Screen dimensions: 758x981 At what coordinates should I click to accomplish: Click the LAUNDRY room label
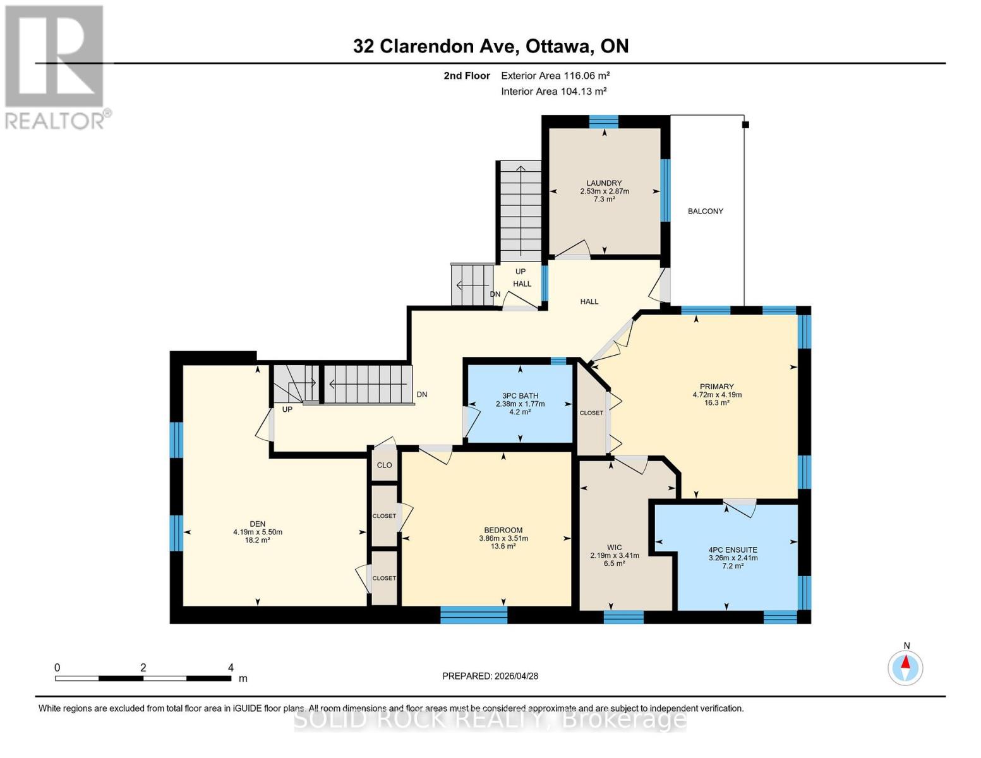click(x=604, y=183)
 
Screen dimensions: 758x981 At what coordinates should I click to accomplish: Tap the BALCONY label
click(x=705, y=211)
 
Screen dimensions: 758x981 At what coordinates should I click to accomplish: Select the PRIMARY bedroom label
click(x=716, y=387)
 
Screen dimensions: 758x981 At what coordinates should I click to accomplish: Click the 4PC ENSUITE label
click(x=733, y=550)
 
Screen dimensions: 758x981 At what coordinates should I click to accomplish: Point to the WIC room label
click(x=614, y=548)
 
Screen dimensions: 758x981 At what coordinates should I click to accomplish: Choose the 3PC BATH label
click(x=520, y=396)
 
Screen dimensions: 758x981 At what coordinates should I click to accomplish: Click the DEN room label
click(x=257, y=524)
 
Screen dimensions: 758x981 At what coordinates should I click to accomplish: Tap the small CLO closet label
click(x=384, y=465)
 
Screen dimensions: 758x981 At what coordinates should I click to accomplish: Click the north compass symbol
click(x=905, y=667)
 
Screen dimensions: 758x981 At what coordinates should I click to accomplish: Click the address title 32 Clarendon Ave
click(x=490, y=46)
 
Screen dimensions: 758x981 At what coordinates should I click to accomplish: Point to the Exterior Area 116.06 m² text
click(x=555, y=75)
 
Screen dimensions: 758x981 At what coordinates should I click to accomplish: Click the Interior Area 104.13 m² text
click(x=553, y=91)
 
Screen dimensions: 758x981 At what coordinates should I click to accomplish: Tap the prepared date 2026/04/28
click(x=490, y=676)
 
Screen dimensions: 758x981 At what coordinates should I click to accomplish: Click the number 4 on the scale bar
click(x=231, y=668)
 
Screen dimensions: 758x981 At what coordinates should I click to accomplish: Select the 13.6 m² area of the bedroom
click(x=503, y=546)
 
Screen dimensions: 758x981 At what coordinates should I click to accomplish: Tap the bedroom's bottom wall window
click(x=473, y=615)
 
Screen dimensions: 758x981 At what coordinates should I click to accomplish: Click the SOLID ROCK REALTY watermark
click(x=490, y=719)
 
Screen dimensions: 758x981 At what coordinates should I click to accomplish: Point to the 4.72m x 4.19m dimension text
click(x=716, y=395)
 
